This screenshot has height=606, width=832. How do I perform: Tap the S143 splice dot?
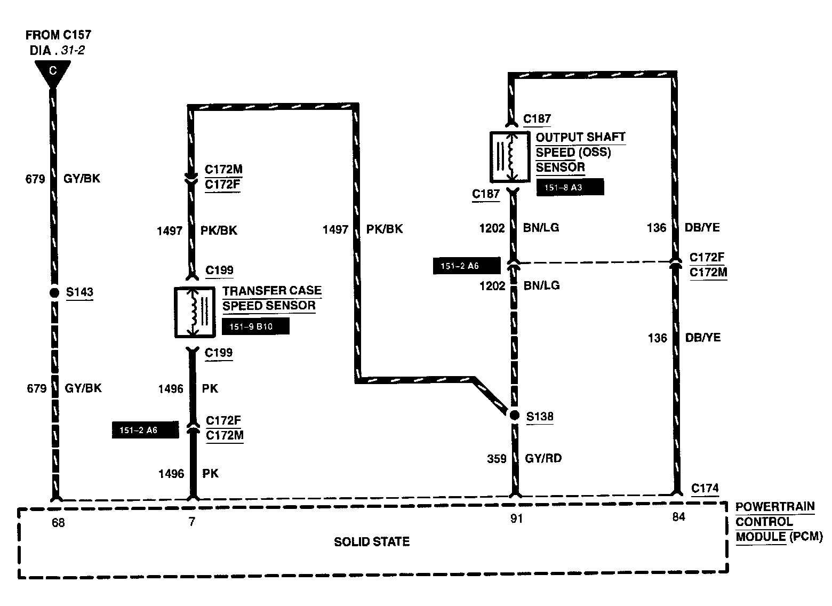click(x=53, y=292)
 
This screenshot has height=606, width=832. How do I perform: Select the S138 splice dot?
click(x=514, y=416)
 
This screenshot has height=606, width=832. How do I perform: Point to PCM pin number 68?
click(x=58, y=523)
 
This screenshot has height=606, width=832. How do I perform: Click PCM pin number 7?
click(x=192, y=522)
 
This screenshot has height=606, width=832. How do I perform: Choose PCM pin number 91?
click(x=516, y=519)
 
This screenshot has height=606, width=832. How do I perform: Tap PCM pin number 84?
click(x=678, y=517)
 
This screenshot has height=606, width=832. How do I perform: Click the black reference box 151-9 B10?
click(x=256, y=326)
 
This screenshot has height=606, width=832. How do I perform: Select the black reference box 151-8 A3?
click(x=570, y=188)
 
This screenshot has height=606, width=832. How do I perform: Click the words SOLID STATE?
click(x=372, y=542)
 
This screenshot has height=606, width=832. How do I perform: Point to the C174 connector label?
click(x=705, y=488)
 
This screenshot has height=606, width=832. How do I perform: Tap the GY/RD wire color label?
click(x=543, y=458)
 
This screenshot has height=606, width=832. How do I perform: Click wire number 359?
click(x=497, y=459)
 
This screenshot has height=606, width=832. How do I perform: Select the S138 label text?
click(x=540, y=417)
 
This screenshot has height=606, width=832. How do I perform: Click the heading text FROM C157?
click(x=59, y=35)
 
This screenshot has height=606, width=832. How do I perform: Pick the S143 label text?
click(x=79, y=292)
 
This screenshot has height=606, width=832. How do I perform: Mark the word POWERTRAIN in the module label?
click(x=775, y=507)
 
